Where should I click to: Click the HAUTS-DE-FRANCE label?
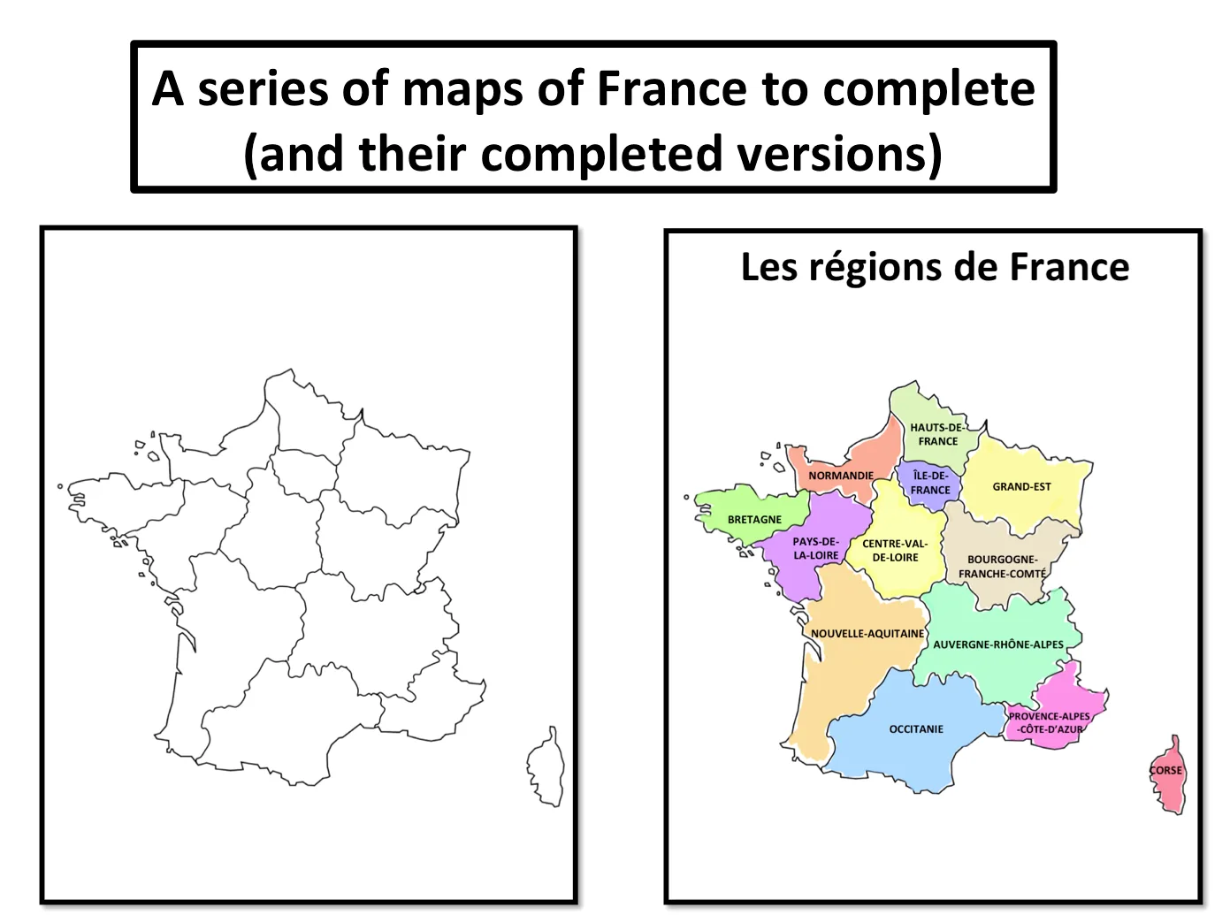(x=937, y=434)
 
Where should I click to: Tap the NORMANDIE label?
(x=840, y=476)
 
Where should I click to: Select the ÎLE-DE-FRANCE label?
(x=930, y=483)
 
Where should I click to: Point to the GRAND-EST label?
(x=1021, y=486)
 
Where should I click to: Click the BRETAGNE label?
(x=754, y=520)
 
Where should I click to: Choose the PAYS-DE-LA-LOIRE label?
(x=815, y=548)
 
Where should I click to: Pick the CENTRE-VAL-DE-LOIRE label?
(x=895, y=550)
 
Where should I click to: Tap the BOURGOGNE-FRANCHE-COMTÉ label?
(x=1002, y=567)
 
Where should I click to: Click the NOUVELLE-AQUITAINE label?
(x=867, y=634)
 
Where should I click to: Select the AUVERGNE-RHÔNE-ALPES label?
(x=998, y=644)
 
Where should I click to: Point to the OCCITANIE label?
(x=916, y=729)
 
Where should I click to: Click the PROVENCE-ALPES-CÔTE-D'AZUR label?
(x=1050, y=723)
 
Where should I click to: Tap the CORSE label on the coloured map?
(x=1165, y=770)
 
